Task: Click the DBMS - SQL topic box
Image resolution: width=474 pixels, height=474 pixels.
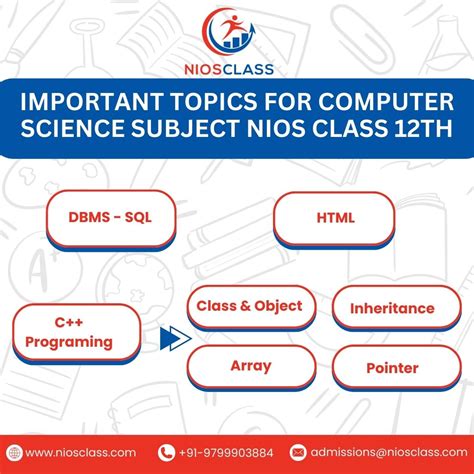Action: (110, 218)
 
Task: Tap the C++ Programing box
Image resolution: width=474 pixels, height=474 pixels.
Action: (76, 333)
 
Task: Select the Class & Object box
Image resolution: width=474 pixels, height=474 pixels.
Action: (250, 307)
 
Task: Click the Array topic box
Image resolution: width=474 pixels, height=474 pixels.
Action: (250, 366)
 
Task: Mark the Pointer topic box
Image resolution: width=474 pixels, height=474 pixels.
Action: (392, 368)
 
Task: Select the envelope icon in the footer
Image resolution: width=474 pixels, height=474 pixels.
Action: (298, 452)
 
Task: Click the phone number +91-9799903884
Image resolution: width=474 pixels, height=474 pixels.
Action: (232, 452)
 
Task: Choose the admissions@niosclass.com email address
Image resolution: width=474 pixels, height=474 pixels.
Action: (383, 452)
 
